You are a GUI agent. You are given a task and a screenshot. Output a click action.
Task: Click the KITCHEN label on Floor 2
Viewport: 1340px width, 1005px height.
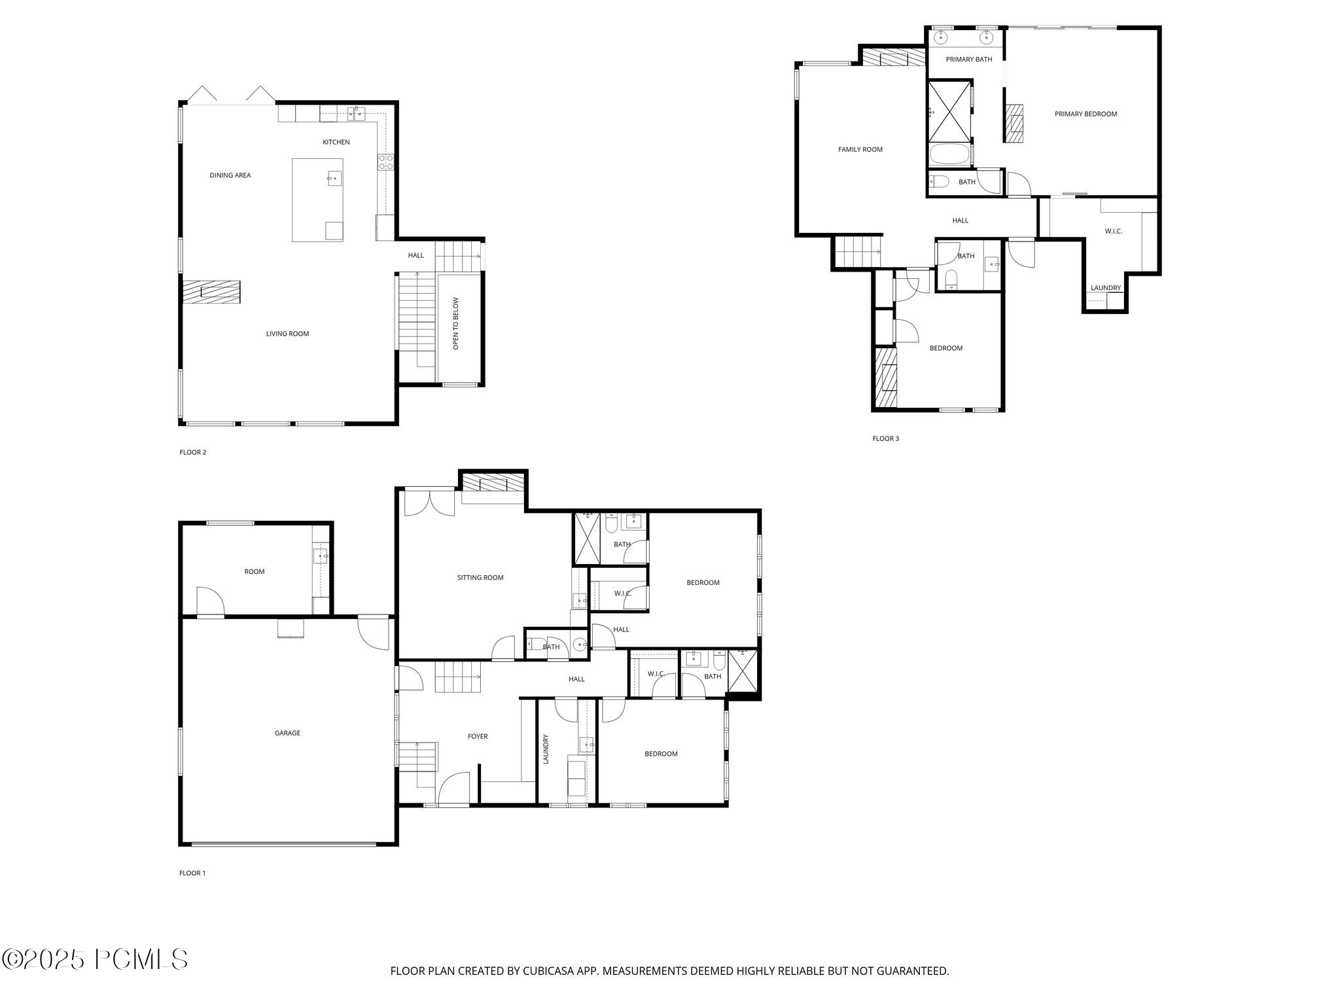(x=336, y=142)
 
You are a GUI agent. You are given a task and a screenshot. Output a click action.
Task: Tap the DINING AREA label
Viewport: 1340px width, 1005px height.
(x=230, y=175)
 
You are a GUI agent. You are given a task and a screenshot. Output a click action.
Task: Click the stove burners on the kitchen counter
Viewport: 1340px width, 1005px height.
(x=385, y=162)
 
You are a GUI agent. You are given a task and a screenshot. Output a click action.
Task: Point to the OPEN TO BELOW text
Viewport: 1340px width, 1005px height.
(x=456, y=323)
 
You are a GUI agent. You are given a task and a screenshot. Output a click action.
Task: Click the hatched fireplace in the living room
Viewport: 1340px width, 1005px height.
(x=211, y=291)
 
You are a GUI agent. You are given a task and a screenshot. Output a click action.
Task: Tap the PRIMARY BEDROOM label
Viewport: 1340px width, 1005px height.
(x=1085, y=114)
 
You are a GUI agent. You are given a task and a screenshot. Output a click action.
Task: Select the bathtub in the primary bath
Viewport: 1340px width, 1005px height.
(x=949, y=155)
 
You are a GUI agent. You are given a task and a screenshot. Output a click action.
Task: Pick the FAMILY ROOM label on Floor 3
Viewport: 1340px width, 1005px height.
(x=860, y=150)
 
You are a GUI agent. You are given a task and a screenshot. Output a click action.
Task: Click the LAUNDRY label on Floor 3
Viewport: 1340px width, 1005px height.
(x=1105, y=288)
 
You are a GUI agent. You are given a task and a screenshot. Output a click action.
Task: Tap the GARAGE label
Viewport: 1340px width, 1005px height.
(x=287, y=733)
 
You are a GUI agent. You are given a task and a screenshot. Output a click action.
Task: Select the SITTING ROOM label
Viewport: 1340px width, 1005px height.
(x=480, y=578)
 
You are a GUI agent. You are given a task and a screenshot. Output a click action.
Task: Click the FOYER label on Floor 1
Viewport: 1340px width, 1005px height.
(x=477, y=737)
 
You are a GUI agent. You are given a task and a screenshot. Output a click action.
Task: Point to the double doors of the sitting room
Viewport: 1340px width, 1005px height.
(x=429, y=502)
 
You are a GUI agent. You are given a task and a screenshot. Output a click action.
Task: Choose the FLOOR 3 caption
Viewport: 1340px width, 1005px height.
(x=885, y=438)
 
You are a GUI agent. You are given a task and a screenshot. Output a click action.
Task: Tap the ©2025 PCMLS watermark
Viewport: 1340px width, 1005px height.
(x=95, y=960)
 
